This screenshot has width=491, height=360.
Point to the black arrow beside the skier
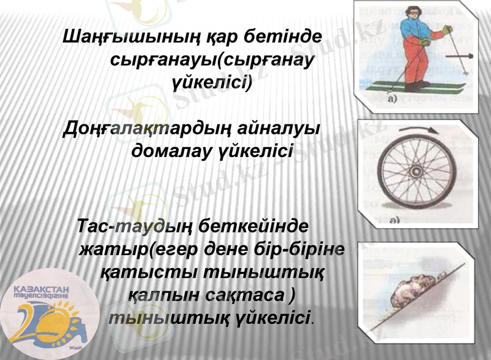point(458,56)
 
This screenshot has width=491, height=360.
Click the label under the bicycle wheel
point(394,220)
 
